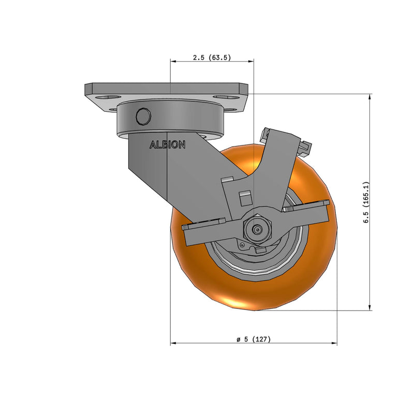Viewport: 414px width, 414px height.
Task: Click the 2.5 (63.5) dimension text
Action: [x=212, y=58]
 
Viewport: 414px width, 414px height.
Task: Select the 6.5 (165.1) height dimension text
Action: [x=365, y=202]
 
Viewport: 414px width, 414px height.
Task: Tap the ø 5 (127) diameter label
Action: [x=254, y=339]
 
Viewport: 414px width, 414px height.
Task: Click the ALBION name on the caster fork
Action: [x=167, y=145]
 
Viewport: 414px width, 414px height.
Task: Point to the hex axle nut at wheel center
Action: [x=256, y=227]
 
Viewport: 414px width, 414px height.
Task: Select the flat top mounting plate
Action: [x=166, y=88]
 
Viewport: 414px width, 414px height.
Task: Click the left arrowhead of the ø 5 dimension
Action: [x=173, y=343]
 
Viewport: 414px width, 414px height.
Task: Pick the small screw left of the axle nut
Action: [x=242, y=244]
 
